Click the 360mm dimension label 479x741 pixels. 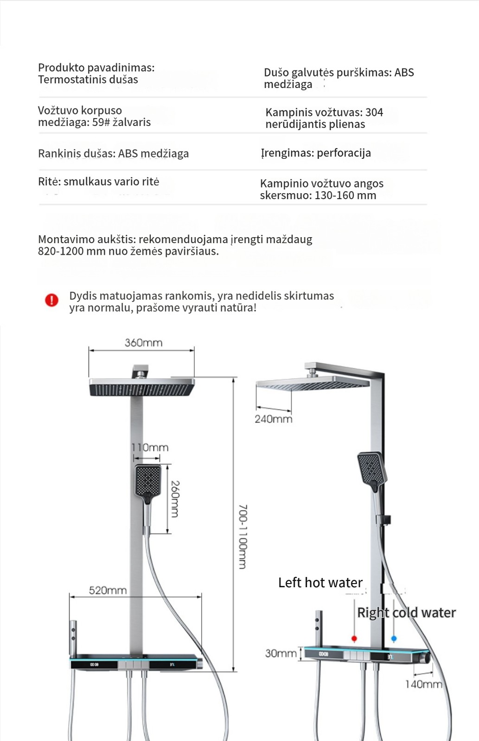[x=143, y=343]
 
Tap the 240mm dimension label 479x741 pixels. [x=273, y=419]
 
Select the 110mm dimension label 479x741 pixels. [x=150, y=447]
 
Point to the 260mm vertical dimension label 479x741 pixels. [x=175, y=499]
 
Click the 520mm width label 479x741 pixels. [x=108, y=590]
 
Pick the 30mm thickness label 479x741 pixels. [x=281, y=653]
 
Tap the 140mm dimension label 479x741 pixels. [x=423, y=684]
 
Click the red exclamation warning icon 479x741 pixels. [x=51, y=300]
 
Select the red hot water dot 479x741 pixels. [x=354, y=639]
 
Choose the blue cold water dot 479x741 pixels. [x=394, y=639]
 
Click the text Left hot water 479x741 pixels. [x=320, y=583]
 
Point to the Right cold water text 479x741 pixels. [x=406, y=613]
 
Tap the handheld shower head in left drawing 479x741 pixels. [x=148, y=481]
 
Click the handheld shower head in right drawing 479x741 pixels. [x=371, y=469]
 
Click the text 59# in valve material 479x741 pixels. [x=101, y=122]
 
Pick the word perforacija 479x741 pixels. [x=344, y=153]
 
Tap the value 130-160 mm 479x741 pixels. [x=345, y=195]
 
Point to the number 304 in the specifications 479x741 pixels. [x=374, y=112]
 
